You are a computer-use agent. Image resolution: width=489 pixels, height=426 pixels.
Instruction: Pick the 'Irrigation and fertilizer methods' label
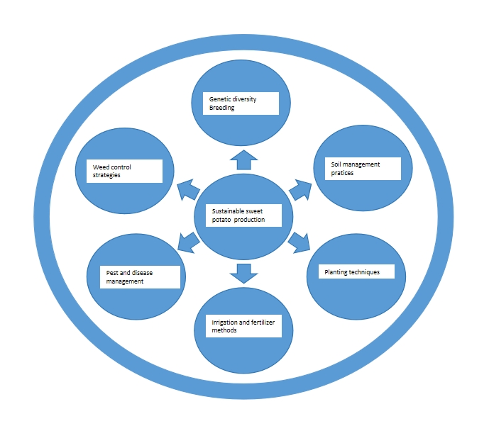(x=242, y=326)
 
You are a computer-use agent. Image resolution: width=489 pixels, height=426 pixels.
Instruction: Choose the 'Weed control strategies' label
(x=124, y=171)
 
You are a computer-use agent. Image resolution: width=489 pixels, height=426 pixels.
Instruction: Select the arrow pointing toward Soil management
(x=301, y=189)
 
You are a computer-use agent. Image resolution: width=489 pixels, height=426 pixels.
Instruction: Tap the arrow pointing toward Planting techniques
(x=299, y=241)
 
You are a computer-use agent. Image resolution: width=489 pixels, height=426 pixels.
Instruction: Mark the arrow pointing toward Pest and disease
(x=187, y=242)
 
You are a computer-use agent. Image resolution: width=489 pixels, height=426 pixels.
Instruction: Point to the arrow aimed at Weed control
(x=187, y=189)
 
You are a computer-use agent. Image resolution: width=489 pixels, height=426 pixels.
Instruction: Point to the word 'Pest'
(x=113, y=272)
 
